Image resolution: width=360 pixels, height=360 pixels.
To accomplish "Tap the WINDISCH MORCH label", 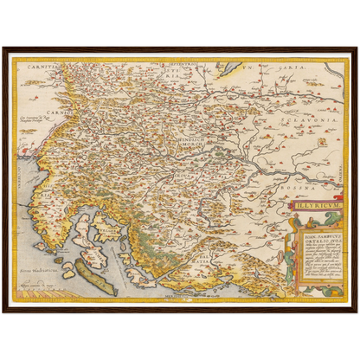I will pyautogui.click(x=161, y=142).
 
